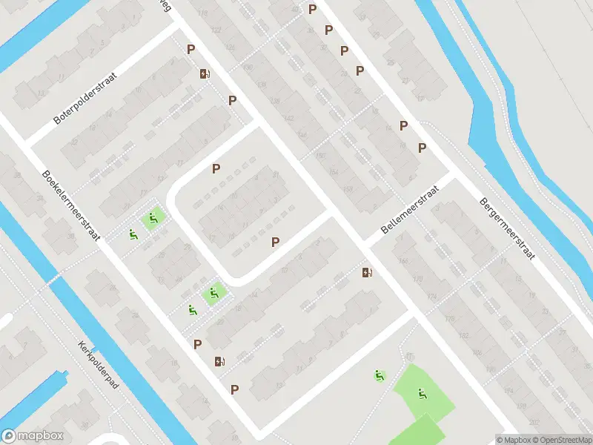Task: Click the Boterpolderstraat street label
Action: click(x=87, y=98)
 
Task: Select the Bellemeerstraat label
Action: click(x=410, y=210)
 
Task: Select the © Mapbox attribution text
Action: click(x=512, y=440)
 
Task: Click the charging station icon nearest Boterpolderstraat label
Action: click(x=205, y=73)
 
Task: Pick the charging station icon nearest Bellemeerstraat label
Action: click(x=367, y=272)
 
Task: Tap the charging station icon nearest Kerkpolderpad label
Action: click(x=219, y=361)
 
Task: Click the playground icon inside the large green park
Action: click(x=422, y=394)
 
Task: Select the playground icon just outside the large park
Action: click(x=380, y=375)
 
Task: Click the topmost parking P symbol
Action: click(x=313, y=9)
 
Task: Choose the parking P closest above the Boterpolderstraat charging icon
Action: click(x=191, y=50)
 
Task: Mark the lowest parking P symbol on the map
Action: click(x=235, y=389)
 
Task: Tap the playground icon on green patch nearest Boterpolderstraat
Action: click(x=153, y=218)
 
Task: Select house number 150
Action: click(x=320, y=155)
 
